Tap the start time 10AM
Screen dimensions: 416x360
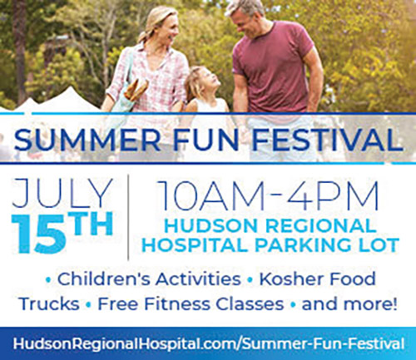(x=213, y=195)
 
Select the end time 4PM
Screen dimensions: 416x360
(x=334, y=195)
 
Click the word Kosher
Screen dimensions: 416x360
(x=287, y=279)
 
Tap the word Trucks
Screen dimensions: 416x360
(x=49, y=303)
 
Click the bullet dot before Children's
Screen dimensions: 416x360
(x=49, y=280)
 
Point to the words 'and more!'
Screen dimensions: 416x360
(x=349, y=304)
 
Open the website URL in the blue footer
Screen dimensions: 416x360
(x=208, y=344)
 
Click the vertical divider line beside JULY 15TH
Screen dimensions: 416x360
(x=128, y=217)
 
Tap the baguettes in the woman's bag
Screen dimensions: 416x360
(x=136, y=89)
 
